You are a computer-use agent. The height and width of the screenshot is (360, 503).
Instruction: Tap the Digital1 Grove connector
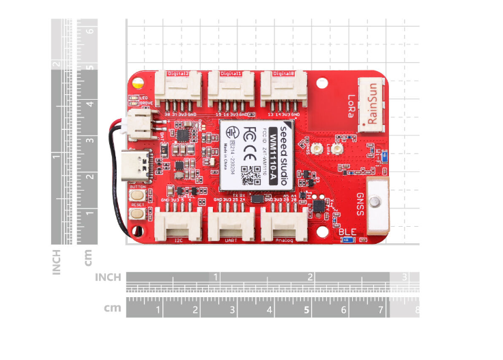pyautogui.click(x=231, y=88)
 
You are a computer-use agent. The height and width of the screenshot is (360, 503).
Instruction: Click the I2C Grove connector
pyautogui.click(x=177, y=222)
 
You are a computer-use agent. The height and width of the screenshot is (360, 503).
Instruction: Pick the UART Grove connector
pyautogui.click(x=231, y=222)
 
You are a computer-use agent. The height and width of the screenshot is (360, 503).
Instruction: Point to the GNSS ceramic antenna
pyautogui.click(x=375, y=202)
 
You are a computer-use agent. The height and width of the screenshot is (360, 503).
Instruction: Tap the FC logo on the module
pyautogui.click(x=250, y=131)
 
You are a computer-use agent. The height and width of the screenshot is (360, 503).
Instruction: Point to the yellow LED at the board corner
pyautogui.click(x=138, y=85)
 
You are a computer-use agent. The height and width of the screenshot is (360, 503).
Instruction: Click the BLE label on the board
pyautogui.click(x=347, y=232)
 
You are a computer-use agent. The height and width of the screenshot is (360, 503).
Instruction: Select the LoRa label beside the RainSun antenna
pyautogui.click(x=351, y=106)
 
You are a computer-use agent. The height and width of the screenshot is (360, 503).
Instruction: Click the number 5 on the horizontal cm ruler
pyautogui.click(x=307, y=309)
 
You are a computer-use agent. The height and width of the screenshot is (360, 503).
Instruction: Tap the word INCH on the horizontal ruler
pyautogui.click(x=108, y=277)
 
